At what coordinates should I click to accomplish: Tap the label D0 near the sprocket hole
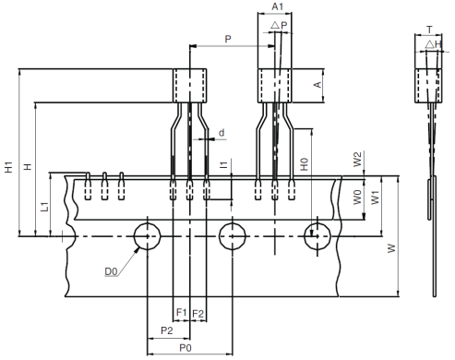click(x=110, y=271)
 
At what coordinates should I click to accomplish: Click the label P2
click(x=166, y=330)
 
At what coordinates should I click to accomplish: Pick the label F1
click(x=181, y=313)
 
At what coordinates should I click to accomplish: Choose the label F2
click(x=198, y=313)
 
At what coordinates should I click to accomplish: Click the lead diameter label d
click(x=222, y=133)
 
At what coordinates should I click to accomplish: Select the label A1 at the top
click(x=274, y=7)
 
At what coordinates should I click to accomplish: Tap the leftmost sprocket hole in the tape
click(x=146, y=236)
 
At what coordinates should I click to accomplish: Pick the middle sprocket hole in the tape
click(x=232, y=236)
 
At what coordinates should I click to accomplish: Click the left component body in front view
click(x=190, y=86)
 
